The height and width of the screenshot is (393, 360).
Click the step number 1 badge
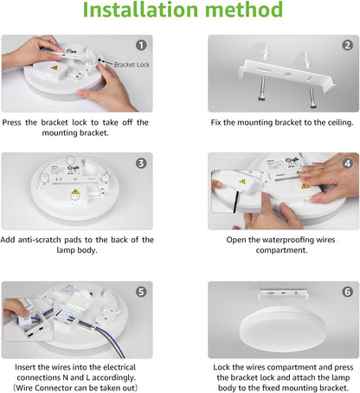point(141,45)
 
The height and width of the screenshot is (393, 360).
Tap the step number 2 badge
point(346,45)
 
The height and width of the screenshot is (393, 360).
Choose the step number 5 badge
point(141,292)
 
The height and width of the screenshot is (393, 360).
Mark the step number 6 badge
point(346,292)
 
